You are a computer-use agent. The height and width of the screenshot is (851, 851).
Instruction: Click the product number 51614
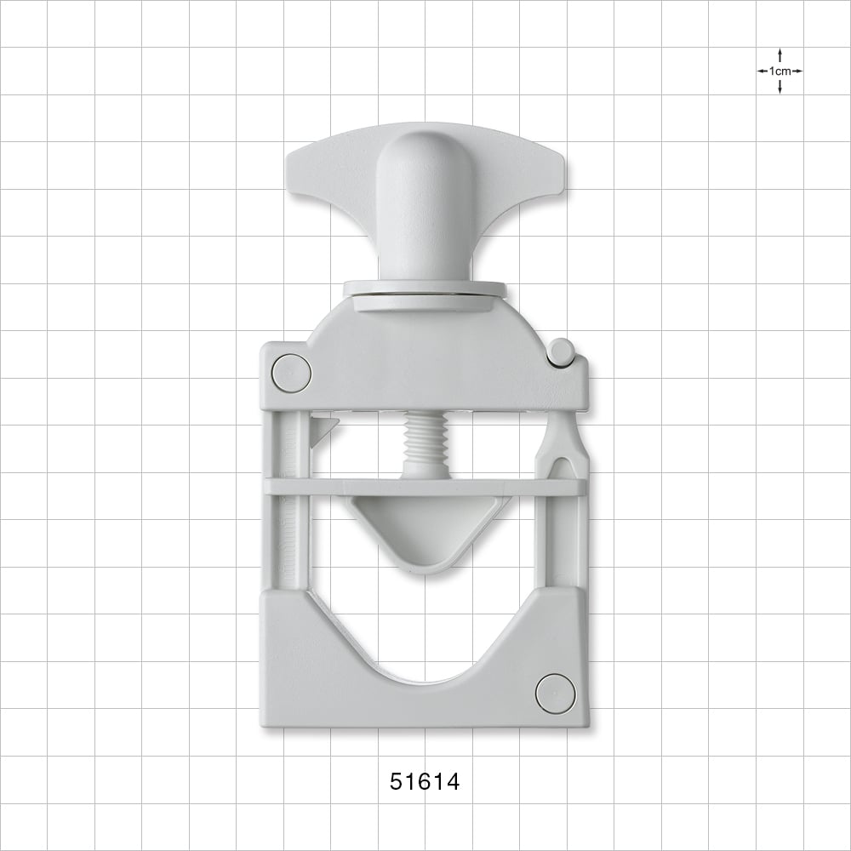click(425, 782)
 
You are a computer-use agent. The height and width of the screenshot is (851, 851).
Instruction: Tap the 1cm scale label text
click(780, 71)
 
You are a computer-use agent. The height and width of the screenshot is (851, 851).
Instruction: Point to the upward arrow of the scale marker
click(780, 54)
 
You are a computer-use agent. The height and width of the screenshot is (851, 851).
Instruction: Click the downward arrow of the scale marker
click(780, 89)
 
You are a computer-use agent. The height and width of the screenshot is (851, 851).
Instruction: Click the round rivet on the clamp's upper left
click(291, 374)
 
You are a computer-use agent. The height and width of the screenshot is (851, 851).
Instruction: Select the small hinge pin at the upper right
click(560, 351)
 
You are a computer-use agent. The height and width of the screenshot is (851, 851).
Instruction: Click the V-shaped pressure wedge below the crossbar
click(425, 532)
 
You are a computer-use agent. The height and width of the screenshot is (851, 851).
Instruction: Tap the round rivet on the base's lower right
click(555, 693)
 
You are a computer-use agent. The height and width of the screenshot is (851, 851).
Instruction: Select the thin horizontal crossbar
click(425, 487)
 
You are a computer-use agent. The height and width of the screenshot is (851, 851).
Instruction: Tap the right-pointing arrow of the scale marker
click(797, 71)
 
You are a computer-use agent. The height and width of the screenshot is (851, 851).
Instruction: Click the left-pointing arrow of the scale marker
click(762, 71)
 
